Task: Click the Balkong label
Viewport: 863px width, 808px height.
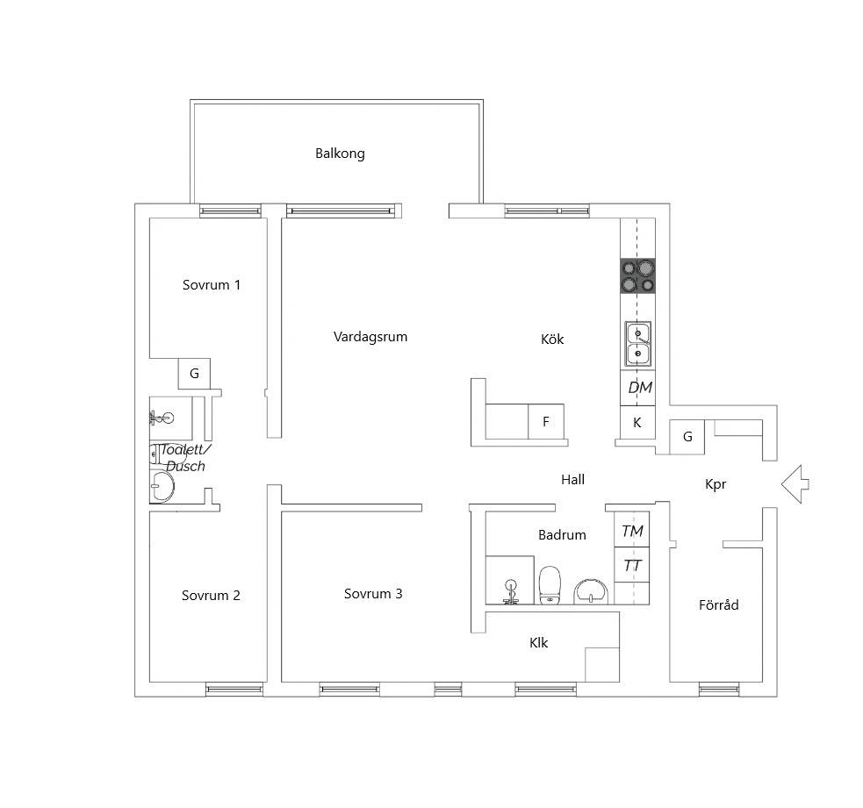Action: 340,154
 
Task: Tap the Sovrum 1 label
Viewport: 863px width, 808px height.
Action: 212,285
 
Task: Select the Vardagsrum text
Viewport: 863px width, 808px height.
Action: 370,337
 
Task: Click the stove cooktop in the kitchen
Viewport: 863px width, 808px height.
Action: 638,276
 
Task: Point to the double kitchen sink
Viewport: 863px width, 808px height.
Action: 638,344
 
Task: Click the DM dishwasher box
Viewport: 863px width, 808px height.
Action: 638,388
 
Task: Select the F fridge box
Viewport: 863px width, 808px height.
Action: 546,421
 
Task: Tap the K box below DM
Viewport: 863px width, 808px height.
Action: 638,423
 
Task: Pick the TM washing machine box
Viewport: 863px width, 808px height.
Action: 632,529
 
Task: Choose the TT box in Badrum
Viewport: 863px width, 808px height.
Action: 632,565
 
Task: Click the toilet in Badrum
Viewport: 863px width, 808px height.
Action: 550,586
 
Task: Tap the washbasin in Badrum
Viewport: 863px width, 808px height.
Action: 591,592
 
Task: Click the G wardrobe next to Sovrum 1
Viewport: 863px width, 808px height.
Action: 194,374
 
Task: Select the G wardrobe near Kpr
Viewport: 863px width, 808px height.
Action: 687,437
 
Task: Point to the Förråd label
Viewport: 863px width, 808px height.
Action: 718,605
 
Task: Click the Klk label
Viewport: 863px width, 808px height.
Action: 538,643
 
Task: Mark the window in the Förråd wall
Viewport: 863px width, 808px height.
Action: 719,690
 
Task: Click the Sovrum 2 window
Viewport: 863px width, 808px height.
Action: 234,690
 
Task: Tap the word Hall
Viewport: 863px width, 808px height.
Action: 572,480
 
